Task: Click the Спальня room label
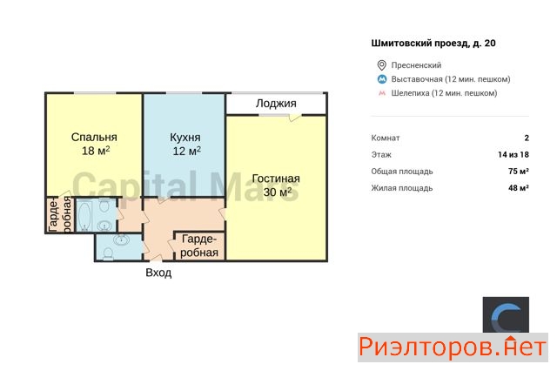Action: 94,138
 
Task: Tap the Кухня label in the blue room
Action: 185,138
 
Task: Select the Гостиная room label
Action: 276,179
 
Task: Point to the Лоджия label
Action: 276,104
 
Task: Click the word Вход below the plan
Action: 158,273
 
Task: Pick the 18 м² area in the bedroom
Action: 96,151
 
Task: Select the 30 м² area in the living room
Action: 278,192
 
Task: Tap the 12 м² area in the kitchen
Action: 186,151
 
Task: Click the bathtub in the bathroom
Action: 85,216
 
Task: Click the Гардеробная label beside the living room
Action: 199,246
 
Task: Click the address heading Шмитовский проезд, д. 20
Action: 433,44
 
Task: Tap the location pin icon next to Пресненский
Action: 381,65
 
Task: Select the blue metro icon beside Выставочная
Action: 382,79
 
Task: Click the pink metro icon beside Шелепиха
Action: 382,93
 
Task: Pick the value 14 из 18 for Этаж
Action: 513,155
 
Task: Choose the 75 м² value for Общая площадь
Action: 519,172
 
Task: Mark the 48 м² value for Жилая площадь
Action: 519,188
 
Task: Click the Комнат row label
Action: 386,138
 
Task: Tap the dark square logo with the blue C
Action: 506,315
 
